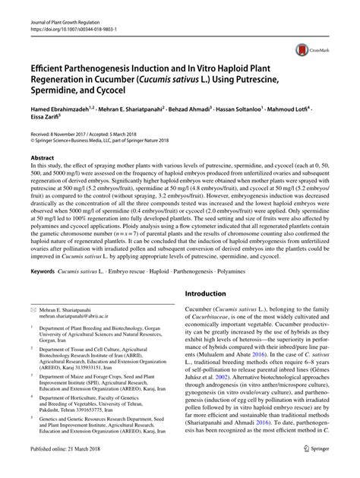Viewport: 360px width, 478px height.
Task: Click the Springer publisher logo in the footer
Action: click(x=319, y=467)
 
